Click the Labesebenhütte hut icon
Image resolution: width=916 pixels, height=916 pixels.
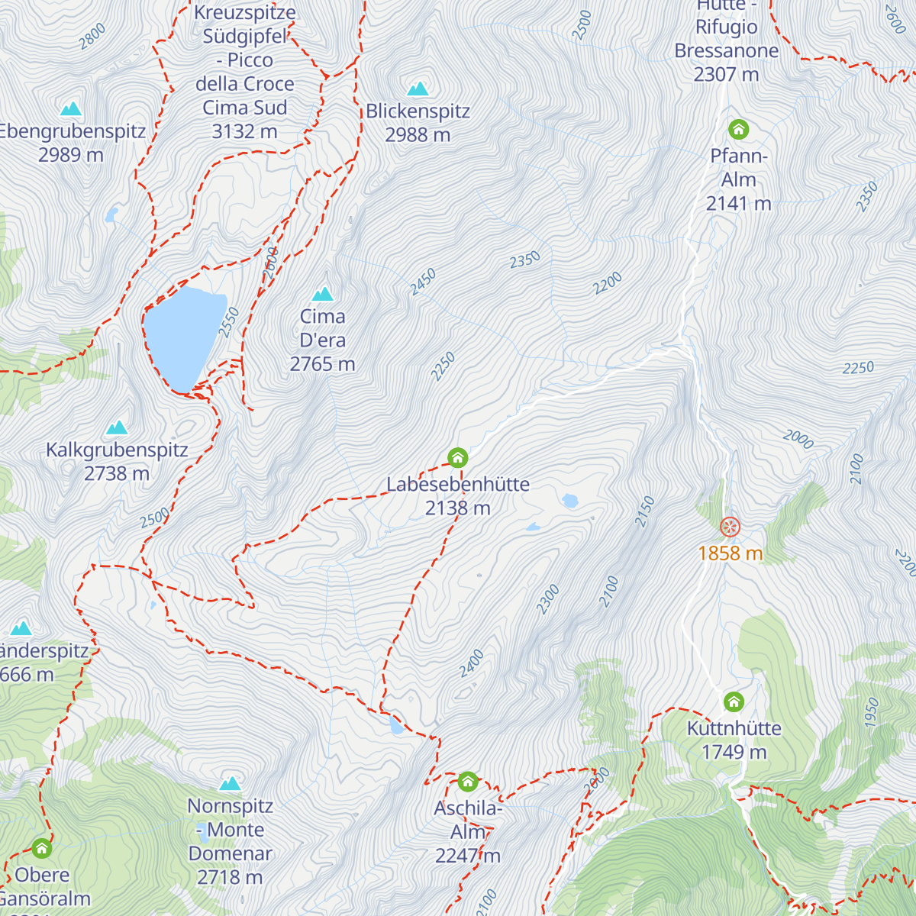(x=457, y=457)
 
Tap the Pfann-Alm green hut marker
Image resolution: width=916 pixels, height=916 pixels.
(x=738, y=129)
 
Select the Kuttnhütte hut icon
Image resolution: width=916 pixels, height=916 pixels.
(x=734, y=702)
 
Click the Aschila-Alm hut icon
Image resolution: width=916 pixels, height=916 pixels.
(x=468, y=782)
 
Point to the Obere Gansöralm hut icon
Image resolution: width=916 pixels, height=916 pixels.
(x=41, y=848)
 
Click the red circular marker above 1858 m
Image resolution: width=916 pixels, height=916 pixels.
(x=731, y=527)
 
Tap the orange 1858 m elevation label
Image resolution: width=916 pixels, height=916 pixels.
(x=731, y=553)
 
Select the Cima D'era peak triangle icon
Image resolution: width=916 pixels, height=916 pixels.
(x=323, y=294)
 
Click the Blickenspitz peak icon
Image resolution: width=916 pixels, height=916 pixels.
(x=418, y=89)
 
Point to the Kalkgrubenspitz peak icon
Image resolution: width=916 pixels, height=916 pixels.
(x=117, y=427)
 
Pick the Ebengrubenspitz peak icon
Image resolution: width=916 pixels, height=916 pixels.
(x=71, y=108)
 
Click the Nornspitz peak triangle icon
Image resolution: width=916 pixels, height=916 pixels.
(x=230, y=783)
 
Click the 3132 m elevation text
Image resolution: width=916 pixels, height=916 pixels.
(x=244, y=131)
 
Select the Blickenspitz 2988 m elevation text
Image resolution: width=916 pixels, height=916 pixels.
(x=418, y=135)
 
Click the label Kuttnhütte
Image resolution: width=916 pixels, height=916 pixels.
(x=734, y=728)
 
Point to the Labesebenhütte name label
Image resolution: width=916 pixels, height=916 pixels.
(x=458, y=484)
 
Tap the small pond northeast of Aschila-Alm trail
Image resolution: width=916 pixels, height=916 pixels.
(x=395, y=724)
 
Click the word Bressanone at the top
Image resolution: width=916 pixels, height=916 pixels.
(x=727, y=51)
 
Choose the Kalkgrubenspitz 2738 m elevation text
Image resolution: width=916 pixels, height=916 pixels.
(x=117, y=474)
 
